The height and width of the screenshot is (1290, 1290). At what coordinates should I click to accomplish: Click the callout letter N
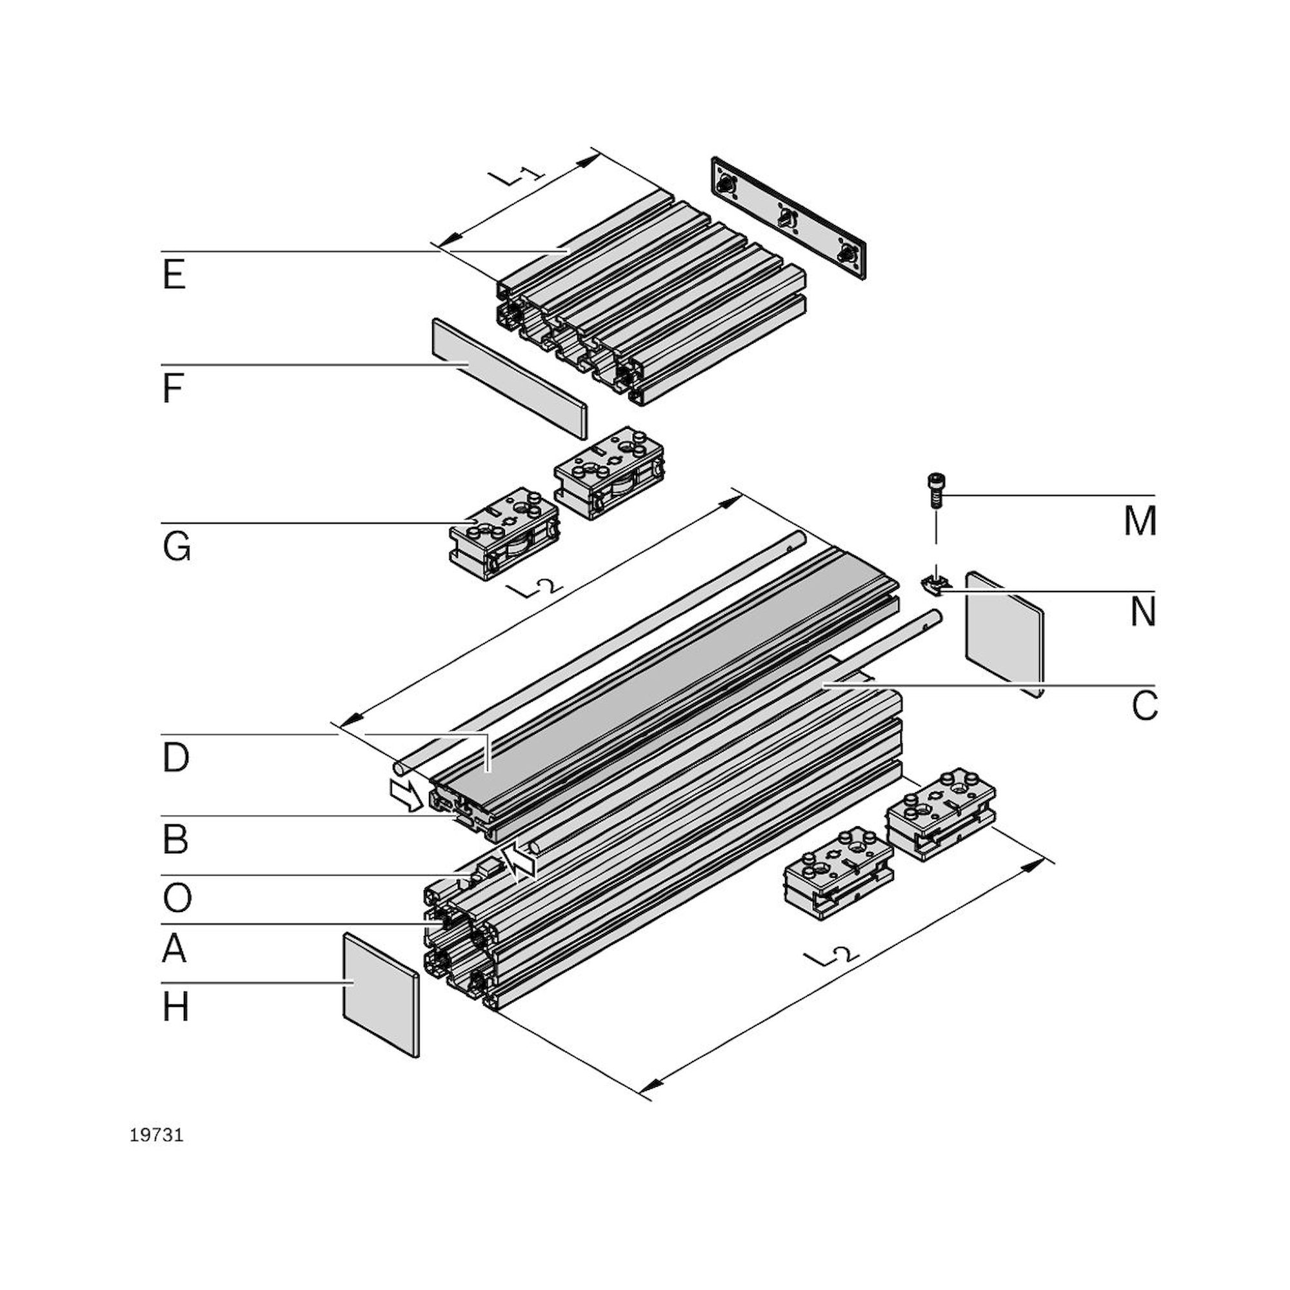[x=1142, y=611]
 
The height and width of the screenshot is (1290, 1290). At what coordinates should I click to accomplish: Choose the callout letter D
[x=175, y=758]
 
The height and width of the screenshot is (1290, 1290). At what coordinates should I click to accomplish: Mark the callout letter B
[x=175, y=839]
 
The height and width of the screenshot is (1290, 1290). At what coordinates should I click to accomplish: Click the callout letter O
[x=176, y=898]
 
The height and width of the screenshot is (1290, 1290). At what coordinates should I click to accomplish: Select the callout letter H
[x=175, y=1007]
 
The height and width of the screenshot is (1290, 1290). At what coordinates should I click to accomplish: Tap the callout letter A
[x=174, y=949]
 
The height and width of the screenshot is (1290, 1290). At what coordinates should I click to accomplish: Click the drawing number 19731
[x=156, y=1136]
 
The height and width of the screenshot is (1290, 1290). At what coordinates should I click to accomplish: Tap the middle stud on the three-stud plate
[x=788, y=217]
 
